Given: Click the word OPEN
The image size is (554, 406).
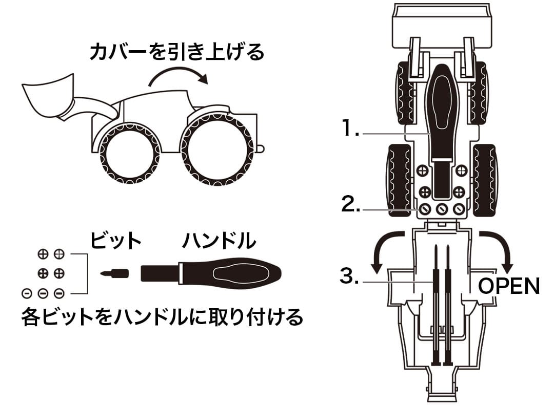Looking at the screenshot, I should pos(509,286).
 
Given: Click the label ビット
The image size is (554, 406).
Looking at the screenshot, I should pos(115,241).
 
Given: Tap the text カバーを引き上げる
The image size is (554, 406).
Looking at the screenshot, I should pos(176,52).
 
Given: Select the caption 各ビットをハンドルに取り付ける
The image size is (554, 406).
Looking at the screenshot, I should pos(162,317).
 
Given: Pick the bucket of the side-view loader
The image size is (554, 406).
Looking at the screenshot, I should pos(47,97).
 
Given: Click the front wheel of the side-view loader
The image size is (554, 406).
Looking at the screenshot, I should pos(129,153).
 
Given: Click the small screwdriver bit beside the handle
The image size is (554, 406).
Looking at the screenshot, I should pos(114,272).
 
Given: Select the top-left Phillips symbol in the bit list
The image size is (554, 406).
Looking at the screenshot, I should pos(43,253).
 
